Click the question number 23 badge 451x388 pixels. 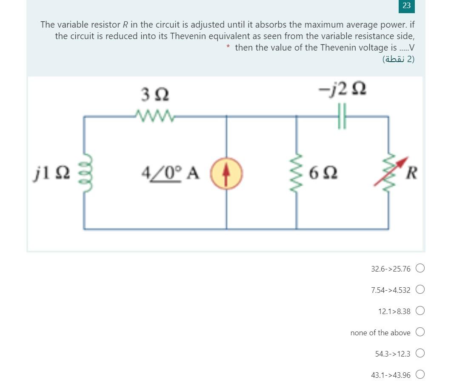(406, 6)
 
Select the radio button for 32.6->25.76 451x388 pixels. (420, 268)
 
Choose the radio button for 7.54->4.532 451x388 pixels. (420, 290)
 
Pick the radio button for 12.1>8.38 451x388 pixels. (420, 311)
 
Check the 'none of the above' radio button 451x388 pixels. (420, 332)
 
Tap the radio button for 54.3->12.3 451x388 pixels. (420, 353)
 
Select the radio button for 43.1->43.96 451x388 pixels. (420, 374)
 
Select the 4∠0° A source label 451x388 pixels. (170, 173)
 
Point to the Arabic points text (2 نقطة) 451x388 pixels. (398, 59)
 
